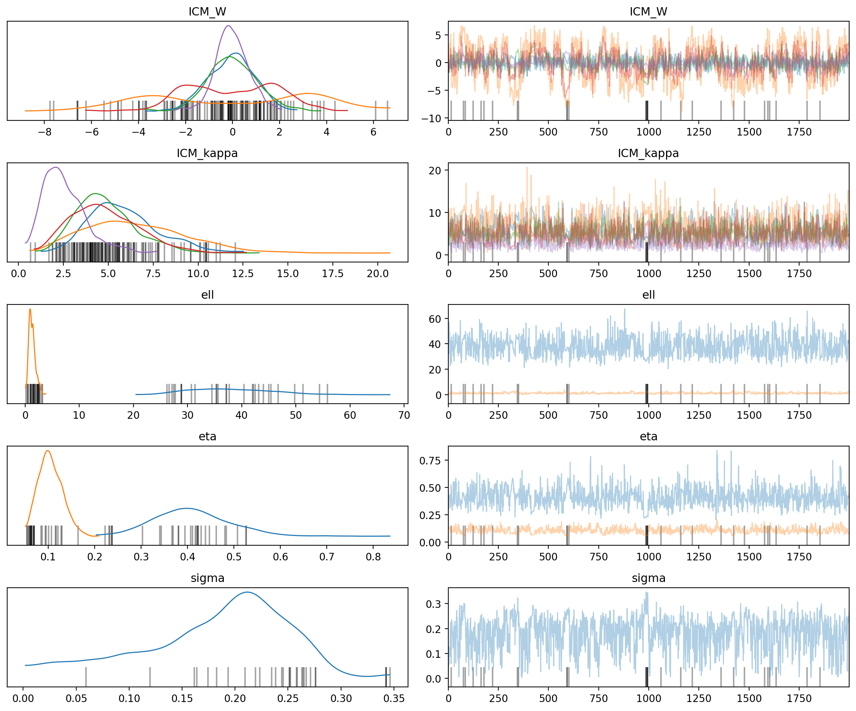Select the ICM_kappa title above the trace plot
pyautogui.click(x=648, y=153)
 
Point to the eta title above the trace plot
pyautogui.click(x=648, y=436)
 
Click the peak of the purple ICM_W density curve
pyautogui.click(x=228, y=26)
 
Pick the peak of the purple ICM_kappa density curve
pyautogui.click(x=56, y=168)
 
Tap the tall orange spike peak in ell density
pyautogui.click(x=30, y=309)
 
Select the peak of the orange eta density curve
pyautogui.click(x=48, y=450)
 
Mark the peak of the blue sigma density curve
pyautogui.click(x=247, y=592)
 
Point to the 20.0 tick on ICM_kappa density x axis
pyautogui.click(x=377, y=274)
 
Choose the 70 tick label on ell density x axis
pyautogui.click(x=404, y=416)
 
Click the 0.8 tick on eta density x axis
pyautogui.click(x=373, y=557)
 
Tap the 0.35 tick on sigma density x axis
pyautogui.click(x=394, y=699)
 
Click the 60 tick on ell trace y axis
pyautogui.click(x=435, y=319)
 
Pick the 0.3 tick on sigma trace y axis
pyautogui.click(x=433, y=604)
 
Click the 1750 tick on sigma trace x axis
pyautogui.click(x=799, y=699)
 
